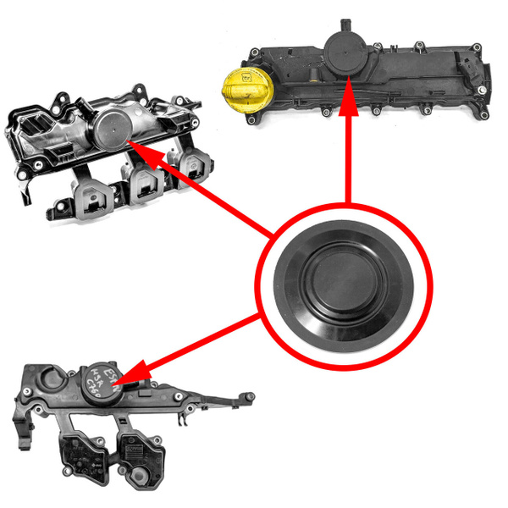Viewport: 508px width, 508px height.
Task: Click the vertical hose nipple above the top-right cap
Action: tap(344, 23)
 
